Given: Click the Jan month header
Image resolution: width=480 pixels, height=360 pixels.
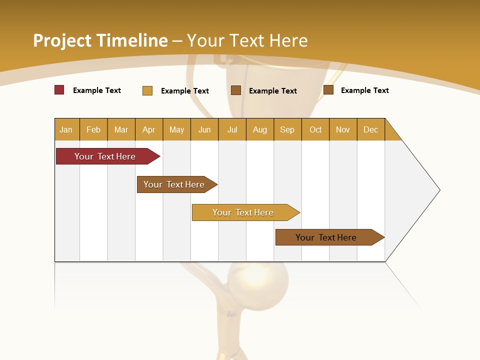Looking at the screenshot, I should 66,129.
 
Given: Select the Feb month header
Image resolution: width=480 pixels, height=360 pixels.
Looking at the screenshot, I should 93,129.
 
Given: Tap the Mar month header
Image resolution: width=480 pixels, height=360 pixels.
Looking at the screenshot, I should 121,129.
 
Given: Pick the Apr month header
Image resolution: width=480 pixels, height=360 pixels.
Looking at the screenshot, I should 149,129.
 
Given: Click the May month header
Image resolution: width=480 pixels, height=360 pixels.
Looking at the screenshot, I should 176,129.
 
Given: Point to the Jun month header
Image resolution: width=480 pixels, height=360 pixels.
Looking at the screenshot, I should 204,129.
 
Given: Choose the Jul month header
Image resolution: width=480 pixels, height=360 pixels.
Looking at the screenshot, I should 232,129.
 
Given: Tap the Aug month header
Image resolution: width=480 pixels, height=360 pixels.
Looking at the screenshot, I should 260,129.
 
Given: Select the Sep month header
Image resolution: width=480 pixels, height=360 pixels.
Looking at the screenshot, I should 287,129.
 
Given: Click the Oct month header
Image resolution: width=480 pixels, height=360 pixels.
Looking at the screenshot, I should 315,129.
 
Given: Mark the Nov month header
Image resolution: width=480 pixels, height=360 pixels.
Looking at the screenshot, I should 343,129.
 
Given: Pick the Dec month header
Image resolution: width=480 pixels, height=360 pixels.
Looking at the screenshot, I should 371,129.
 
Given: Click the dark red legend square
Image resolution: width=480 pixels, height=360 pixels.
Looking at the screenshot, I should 59,90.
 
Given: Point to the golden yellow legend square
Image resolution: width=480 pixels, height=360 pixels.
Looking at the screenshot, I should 147,90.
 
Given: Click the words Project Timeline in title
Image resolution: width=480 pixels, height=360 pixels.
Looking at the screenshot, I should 100,40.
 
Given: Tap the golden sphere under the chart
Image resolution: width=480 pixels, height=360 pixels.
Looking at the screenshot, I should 258,280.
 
